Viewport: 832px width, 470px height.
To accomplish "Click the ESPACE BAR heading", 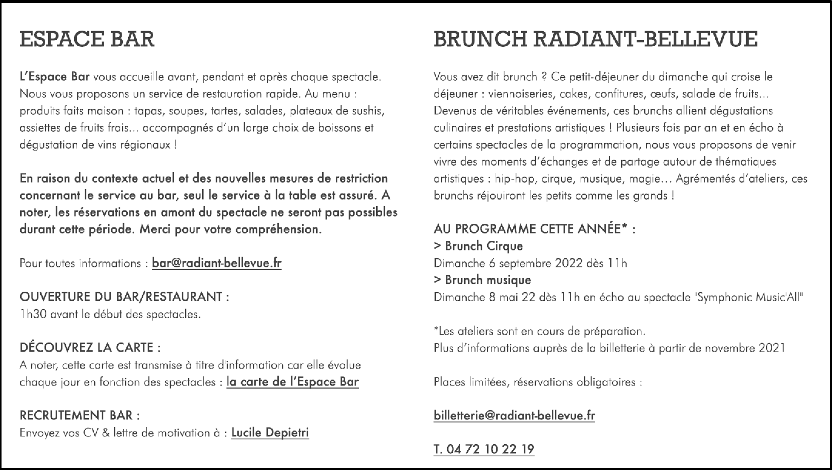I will coord(87,39).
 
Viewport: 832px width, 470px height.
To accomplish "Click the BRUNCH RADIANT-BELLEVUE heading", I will coord(595,39).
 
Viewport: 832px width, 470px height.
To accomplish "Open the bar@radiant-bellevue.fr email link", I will coord(216,263).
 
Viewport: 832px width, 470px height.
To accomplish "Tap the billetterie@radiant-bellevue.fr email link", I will coord(514,415).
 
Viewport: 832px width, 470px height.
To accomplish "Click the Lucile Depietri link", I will coord(270,432).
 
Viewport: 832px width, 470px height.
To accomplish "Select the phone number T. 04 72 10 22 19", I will coord(484,449).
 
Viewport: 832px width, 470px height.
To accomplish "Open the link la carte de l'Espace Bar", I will coord(292,382).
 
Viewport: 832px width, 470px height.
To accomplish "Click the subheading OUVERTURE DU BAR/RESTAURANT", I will coord(124,297).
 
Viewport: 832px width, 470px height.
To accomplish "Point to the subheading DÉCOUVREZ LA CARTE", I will coord(90,348).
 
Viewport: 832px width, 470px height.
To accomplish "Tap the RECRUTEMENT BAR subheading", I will coord(79,415).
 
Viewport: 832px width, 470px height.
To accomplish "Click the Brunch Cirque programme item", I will coord(478,246).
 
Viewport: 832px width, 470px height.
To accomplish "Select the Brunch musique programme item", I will coord(483,280).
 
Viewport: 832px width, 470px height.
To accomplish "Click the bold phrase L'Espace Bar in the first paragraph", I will coord(55,77).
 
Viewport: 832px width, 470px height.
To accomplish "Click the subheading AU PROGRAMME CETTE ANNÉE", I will coord(534,229).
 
